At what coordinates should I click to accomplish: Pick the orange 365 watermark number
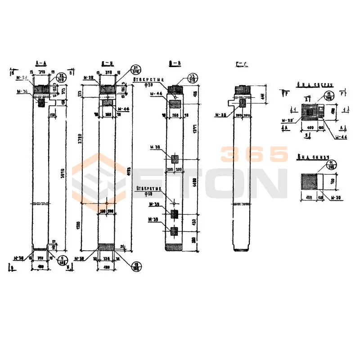[253, 154]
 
